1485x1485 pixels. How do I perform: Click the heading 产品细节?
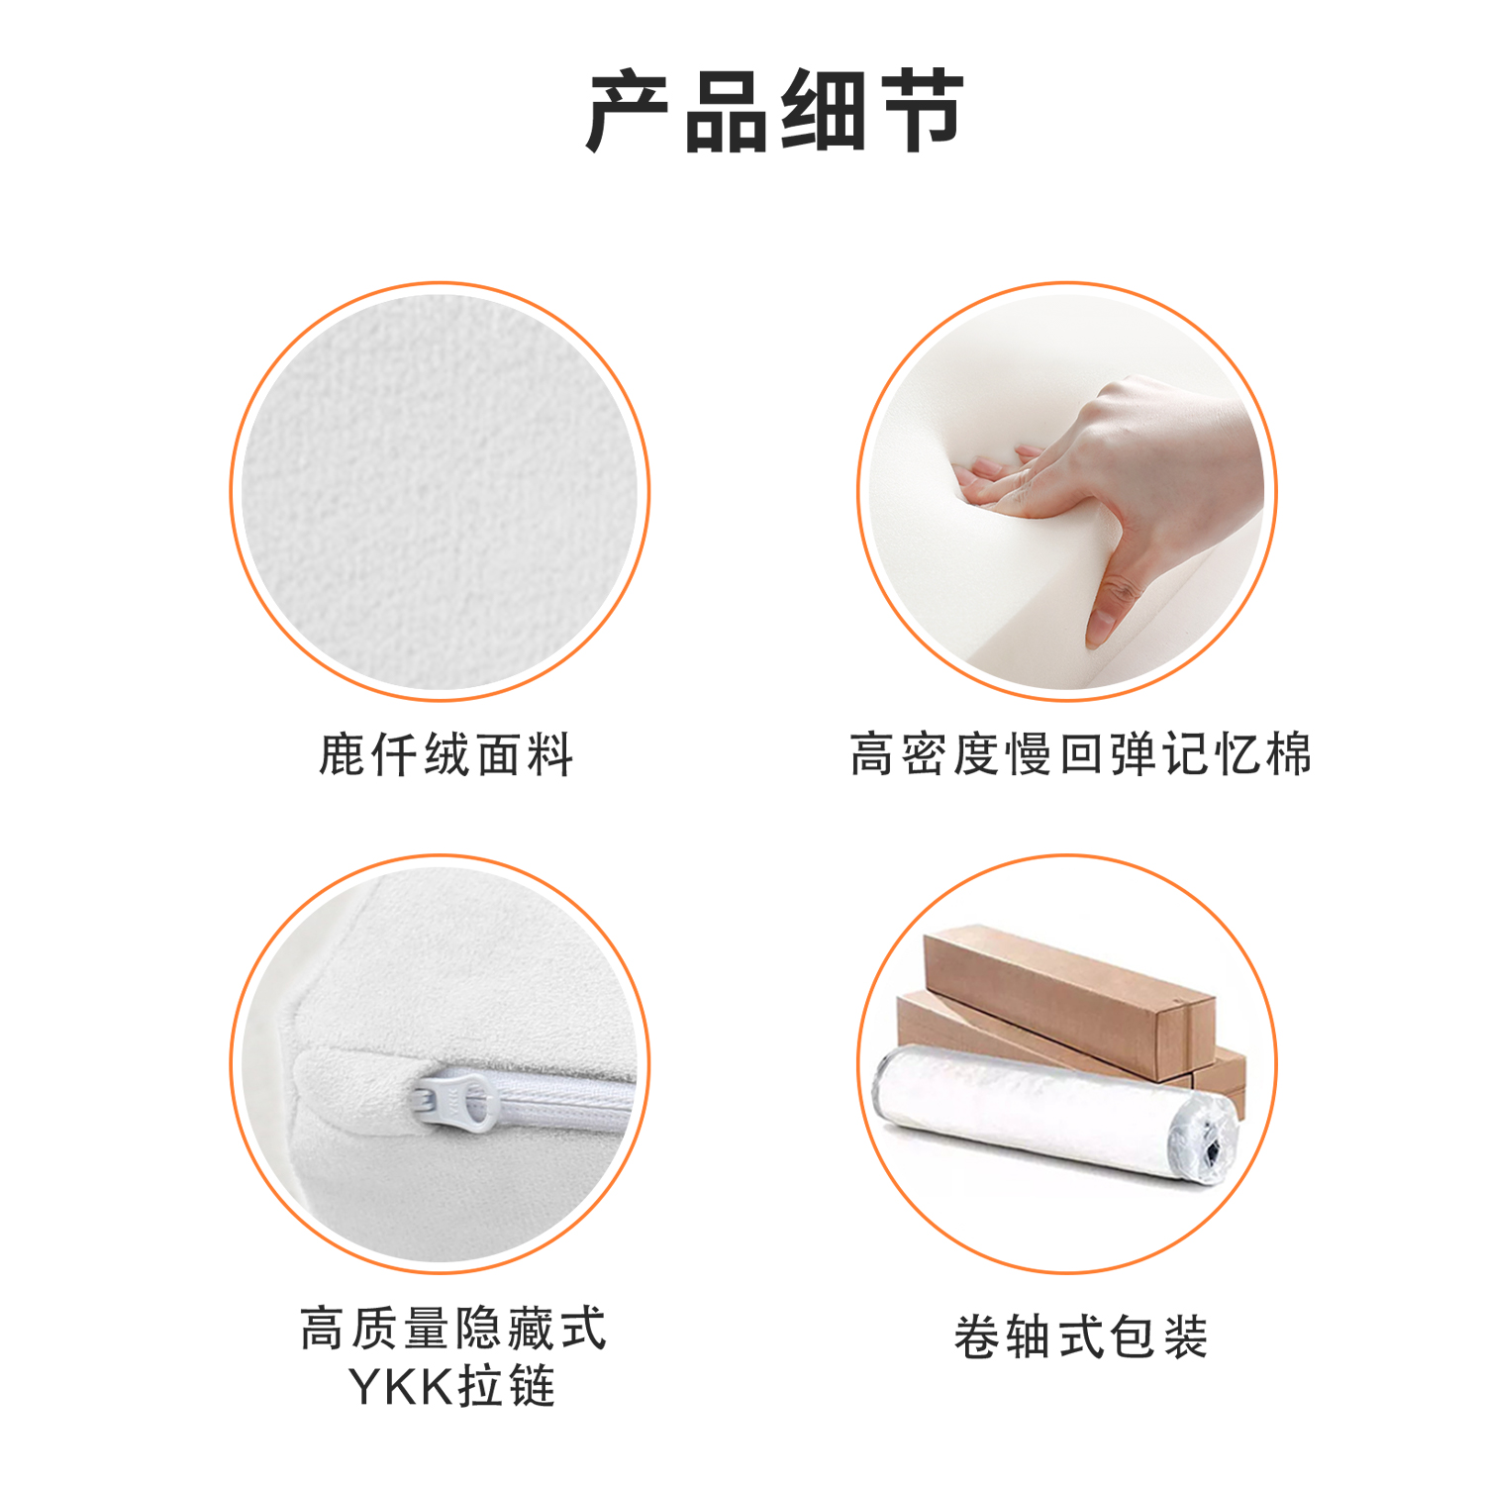coord(775,111)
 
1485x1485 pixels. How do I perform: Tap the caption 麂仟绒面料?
coord(445,755)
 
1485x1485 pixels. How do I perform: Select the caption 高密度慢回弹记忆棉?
coord(1081,754)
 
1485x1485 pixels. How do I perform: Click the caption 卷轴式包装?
coord(1081,1336)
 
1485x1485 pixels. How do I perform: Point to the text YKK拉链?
coord(451,1386)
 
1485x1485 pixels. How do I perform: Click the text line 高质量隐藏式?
coord(452,1328)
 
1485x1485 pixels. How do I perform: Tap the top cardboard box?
coord(1069,1000)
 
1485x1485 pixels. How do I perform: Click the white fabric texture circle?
coord(441,492)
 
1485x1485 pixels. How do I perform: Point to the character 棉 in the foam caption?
coord(1288,754)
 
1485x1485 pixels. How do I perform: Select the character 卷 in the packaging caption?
coord(978,1336)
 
